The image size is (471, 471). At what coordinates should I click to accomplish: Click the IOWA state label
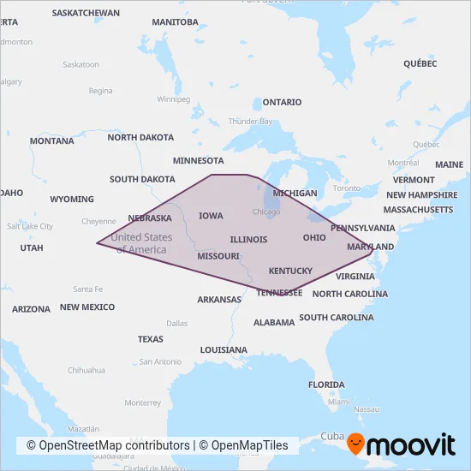pos(211,216)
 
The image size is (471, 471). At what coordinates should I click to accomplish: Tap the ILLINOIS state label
pos(248,240)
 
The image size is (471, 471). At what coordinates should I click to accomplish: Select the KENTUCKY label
pos(290,271)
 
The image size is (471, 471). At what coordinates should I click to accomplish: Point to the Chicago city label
pos(266,212)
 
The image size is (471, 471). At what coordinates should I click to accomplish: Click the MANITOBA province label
pos(175,21)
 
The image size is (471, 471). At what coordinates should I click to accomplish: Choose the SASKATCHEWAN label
pos(86,14)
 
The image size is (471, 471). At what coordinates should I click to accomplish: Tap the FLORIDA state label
pos(326,385)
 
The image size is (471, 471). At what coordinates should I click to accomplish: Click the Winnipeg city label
pos(173,98)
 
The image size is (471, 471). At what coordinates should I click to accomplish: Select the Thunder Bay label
pos(250,122)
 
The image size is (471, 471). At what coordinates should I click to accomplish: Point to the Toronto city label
pos(347,188)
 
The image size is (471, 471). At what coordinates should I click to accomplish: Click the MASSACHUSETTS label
pos(418,210)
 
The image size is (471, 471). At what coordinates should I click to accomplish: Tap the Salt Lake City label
pos(30,226)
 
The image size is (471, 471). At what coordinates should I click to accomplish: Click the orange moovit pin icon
pos(355,444)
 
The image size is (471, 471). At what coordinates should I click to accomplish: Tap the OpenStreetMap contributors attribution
pos(108,445)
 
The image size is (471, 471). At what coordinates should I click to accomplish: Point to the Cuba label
pos(331,436)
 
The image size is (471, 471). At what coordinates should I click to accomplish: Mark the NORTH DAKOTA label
pos(140,137)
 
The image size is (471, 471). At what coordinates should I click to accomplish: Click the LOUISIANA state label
pos(224,350)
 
